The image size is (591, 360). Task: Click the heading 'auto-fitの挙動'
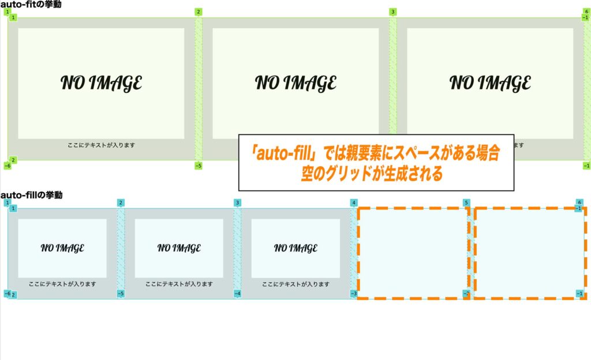[31, 4]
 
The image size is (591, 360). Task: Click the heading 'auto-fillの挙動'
[32, 195]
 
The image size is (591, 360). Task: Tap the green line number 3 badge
[393, 12]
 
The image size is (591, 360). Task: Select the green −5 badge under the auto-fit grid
[199, 166]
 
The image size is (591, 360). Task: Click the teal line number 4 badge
[353, 202]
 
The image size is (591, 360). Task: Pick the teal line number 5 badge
[466, 202]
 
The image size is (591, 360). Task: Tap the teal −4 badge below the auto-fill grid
[237, 294]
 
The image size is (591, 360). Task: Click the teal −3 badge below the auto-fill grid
[353, 294]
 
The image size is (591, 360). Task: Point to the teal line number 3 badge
[237, 202]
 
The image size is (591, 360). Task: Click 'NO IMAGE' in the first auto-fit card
[101, 83]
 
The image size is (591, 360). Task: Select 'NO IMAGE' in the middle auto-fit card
[295, 83]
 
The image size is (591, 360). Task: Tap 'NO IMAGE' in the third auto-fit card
[490, 83]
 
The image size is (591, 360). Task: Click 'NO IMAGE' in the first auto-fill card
[62, 248]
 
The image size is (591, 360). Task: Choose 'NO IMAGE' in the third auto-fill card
[295, 248]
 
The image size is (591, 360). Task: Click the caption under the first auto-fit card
[101, 145]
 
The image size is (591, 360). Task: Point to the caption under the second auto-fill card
[179, 284]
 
